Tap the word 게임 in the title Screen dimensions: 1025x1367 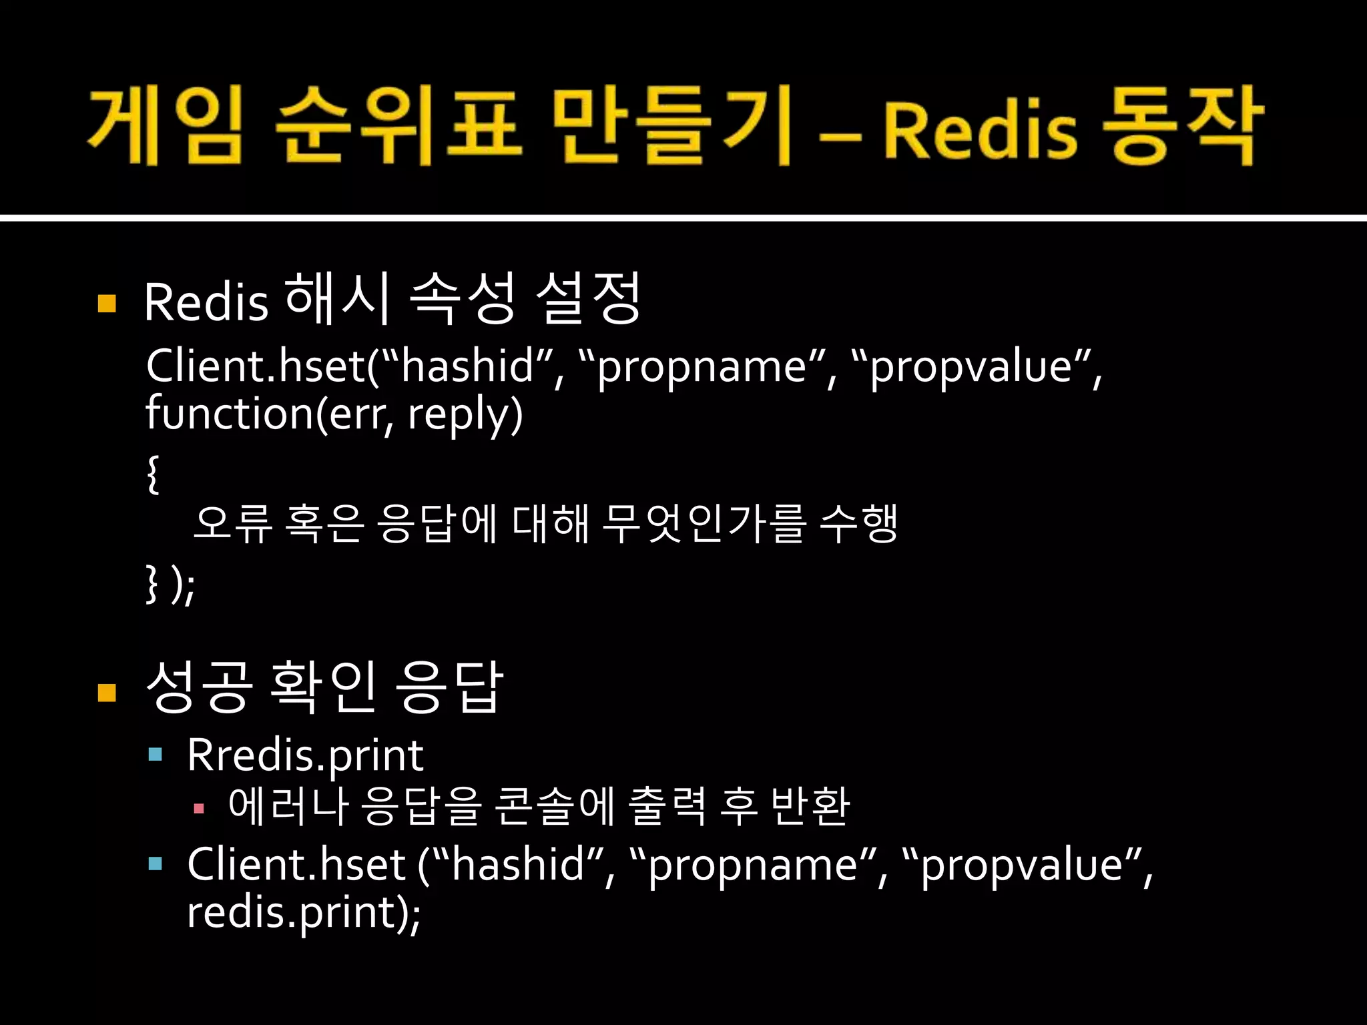tap(165, 127)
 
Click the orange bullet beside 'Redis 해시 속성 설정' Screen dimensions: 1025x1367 tap(107, 304)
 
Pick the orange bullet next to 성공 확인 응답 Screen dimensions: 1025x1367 tap(107, 692)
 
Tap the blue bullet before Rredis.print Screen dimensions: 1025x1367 tap(156, 755)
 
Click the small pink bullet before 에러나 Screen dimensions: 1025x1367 tap(198, 809)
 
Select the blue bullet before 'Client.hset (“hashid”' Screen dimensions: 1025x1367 tap(156, 864)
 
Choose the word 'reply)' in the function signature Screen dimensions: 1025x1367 tap(465, 414)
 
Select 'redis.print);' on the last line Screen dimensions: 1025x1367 tap(304, 912)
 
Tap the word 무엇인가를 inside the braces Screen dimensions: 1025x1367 tap(704, 523)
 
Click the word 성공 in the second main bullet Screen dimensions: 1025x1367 tap(199, 687)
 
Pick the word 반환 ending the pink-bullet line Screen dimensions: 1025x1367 tap(810, 806)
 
